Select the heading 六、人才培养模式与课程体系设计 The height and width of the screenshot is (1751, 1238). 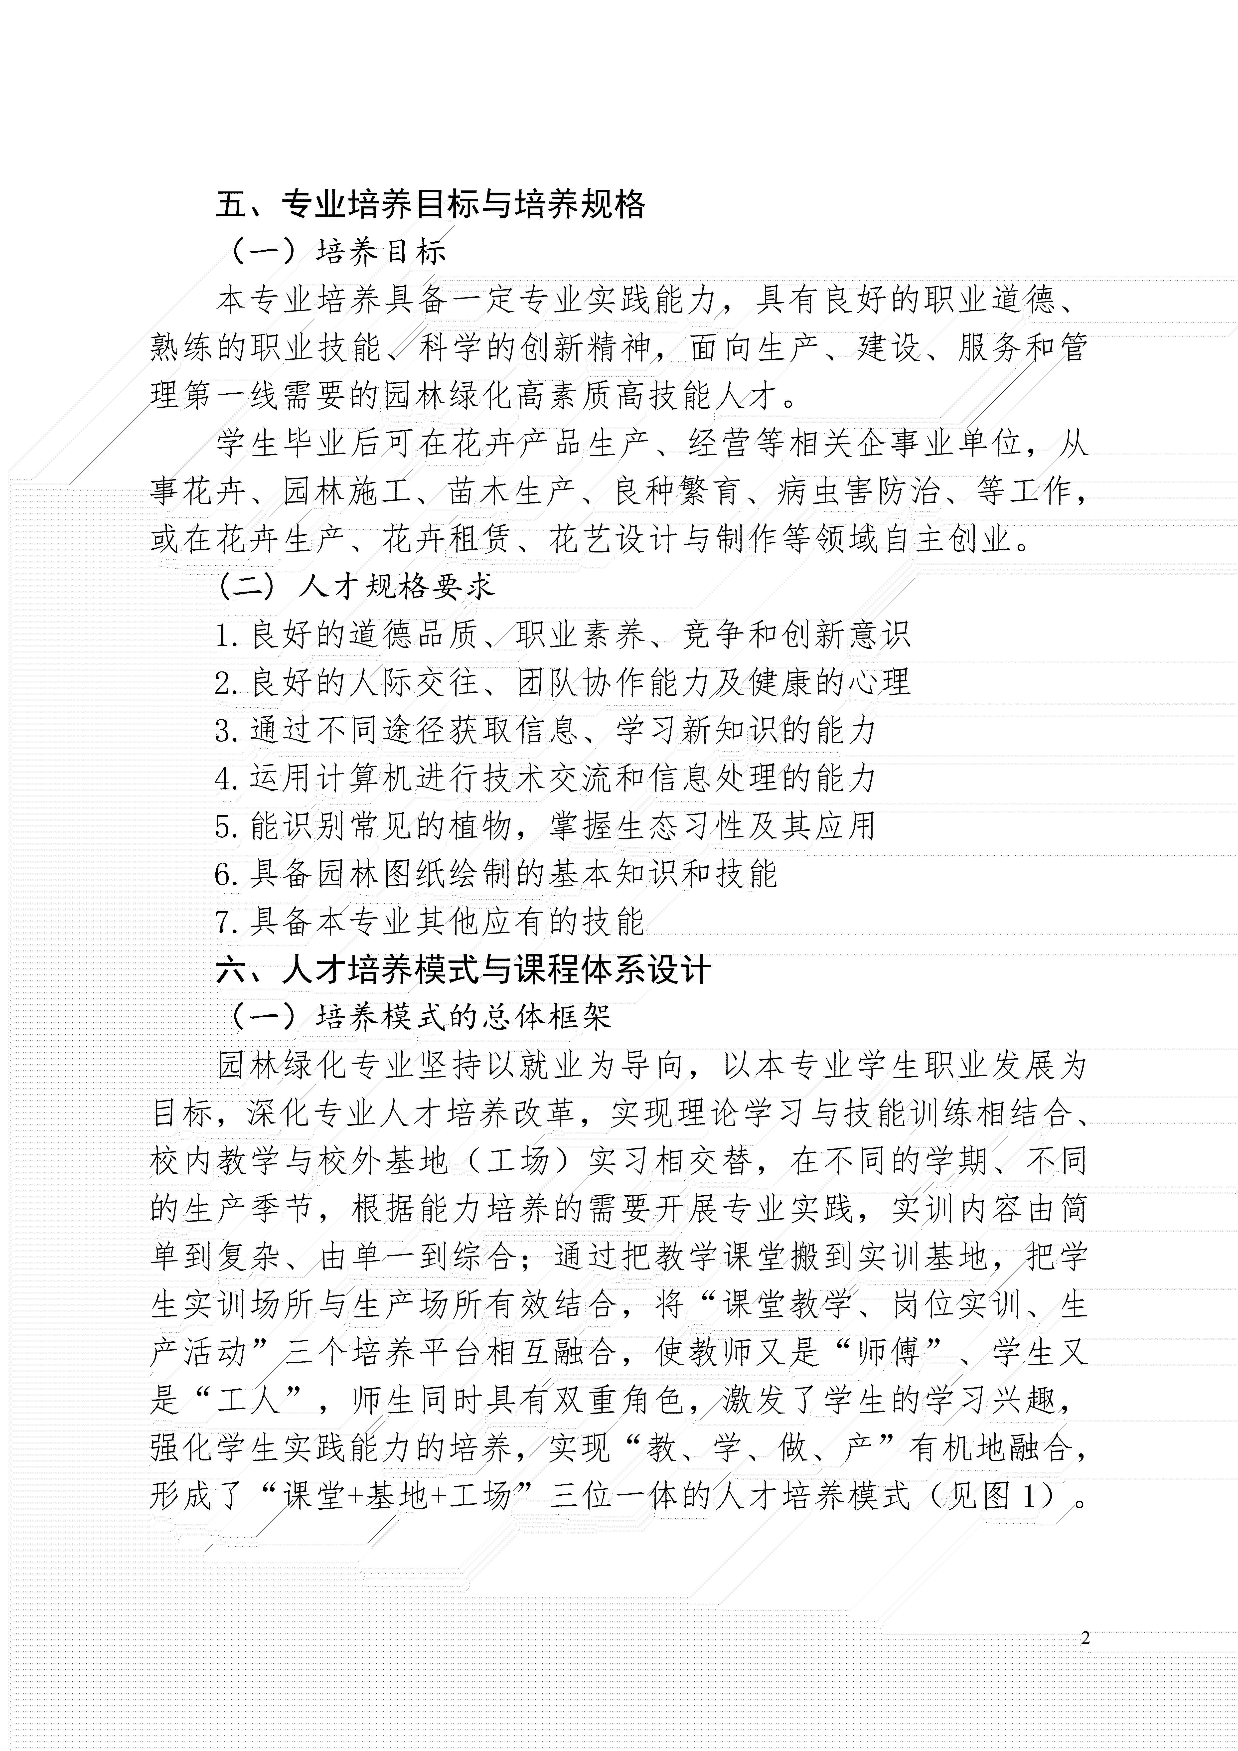coord(464,970)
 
